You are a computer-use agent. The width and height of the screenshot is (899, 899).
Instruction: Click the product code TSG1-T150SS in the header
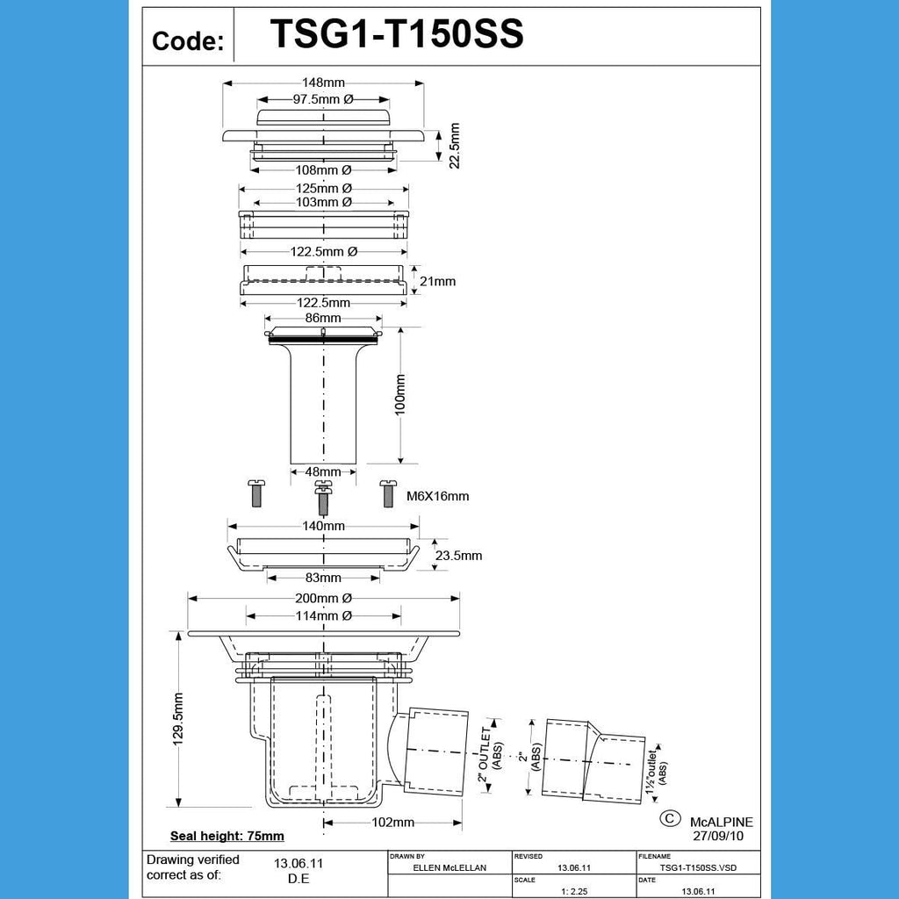tap(397, 35)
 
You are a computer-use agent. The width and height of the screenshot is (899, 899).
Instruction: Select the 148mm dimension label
tap(323, 83)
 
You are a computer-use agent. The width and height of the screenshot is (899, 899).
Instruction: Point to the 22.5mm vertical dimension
tap(454, 146)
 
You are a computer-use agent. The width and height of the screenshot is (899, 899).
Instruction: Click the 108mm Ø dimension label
tap(323, 169)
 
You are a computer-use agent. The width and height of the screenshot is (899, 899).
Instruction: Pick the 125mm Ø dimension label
tap(323, 188)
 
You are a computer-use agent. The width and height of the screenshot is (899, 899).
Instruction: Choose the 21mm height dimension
tap(438, 282)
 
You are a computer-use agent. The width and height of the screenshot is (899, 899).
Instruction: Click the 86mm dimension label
tap(323, 318)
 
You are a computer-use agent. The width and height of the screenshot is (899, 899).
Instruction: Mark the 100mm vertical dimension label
tap(400, 395)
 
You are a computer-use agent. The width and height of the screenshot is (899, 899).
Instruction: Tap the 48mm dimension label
tap(323, 471)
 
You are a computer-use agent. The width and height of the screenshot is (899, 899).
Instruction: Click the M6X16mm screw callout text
tap(438, 496)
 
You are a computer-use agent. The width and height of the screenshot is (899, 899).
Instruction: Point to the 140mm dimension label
tap(323, 526)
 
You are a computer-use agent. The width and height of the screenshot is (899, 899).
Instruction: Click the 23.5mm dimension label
tap(458, 556)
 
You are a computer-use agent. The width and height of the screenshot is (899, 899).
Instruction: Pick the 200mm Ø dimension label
tap(323, 598)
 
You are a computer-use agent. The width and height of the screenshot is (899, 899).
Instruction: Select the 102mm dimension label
tap(392, 823)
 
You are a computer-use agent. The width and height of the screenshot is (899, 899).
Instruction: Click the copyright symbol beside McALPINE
tap(670, 817)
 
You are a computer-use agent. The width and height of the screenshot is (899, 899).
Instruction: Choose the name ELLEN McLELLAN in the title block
tap(449, 867)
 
